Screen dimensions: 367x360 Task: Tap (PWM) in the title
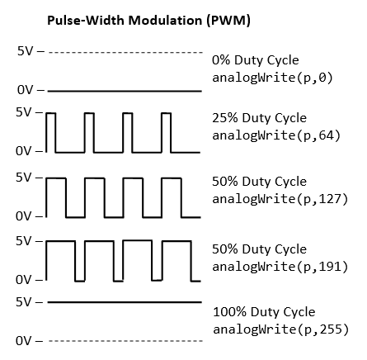click(x=228, y=21)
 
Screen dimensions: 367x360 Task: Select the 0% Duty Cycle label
click(x=256, y=60)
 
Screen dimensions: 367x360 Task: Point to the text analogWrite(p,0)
click(x=272, y=78)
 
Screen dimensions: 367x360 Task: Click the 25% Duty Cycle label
click(x=259, y=118)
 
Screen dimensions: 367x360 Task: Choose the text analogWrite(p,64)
click(x=276, y=135)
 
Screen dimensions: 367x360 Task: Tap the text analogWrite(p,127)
click(x=280, y=198)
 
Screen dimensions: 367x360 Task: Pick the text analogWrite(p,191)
click(x=280, y=267)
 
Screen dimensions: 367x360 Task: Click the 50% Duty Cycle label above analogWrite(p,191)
click(x=259, y=249)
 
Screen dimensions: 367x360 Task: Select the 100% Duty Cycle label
click(x=264, y=312)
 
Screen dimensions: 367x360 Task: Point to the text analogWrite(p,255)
click(x=281, y=329)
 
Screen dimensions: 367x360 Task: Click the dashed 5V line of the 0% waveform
click(x=125, y=52)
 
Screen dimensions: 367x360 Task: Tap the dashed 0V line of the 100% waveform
click(x=125, y=341)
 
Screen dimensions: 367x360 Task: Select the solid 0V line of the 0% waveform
click(x=125, y=91)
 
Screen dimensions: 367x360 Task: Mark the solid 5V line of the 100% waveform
click(x=125, y=302)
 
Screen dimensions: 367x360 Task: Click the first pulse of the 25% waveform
click(x=51, y=113)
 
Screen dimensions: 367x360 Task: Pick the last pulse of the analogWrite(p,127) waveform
click(x=172, y=178)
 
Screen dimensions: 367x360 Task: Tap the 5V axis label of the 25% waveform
click(x=24, y=112)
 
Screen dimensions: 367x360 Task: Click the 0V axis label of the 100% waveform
click(x=24, y=341)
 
